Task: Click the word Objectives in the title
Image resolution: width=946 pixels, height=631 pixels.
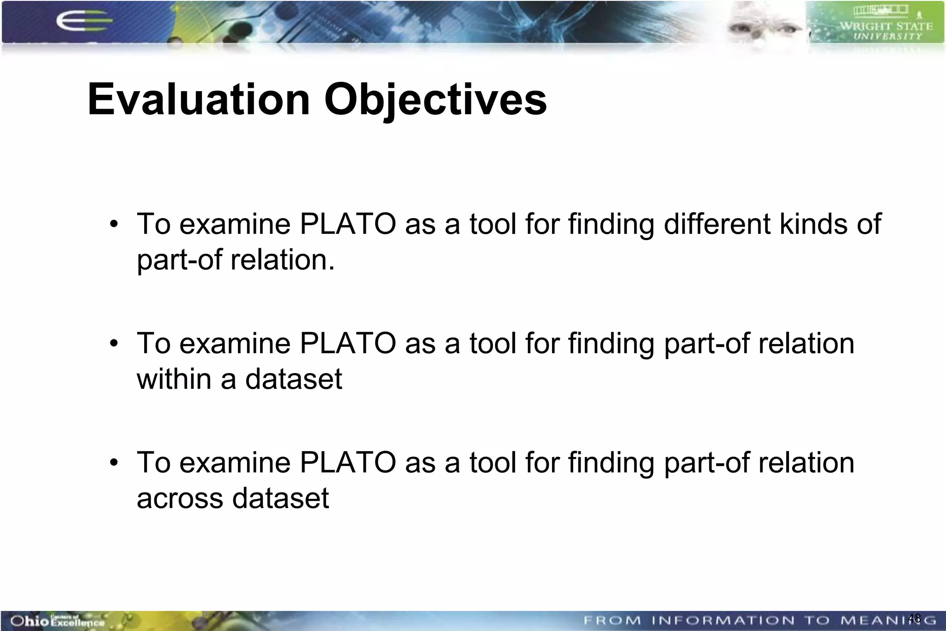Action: click(435, 101)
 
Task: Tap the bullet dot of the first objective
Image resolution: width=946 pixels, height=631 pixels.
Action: click(114, 225)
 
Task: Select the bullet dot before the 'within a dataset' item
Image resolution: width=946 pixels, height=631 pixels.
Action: click(114, 344)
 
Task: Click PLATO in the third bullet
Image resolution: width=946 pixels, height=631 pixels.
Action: click(347, 463)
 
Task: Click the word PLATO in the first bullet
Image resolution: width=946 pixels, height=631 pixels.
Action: click(347, 224)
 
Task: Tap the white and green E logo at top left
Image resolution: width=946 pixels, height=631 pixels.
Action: click(83, 21)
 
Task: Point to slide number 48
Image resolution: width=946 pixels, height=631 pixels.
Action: click(914, 618)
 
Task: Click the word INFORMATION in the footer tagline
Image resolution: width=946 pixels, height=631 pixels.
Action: click(723, 620)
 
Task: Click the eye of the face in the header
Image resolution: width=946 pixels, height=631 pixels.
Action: click(786, 29)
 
